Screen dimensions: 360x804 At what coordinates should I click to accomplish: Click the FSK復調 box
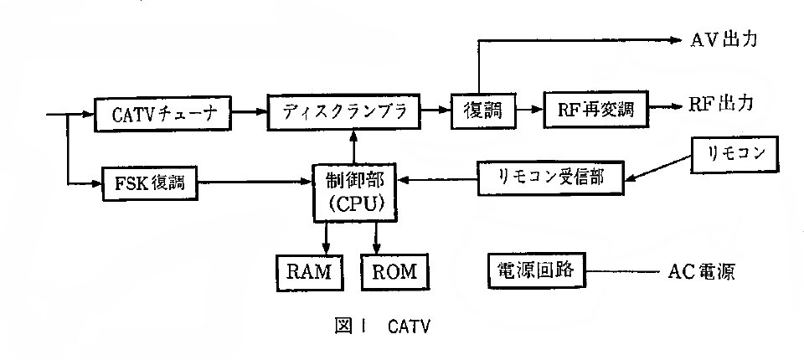click(149, 182)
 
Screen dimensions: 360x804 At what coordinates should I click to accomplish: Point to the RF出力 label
click(722, 104)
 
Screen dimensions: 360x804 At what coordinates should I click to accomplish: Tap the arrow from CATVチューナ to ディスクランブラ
click(248, 111)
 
